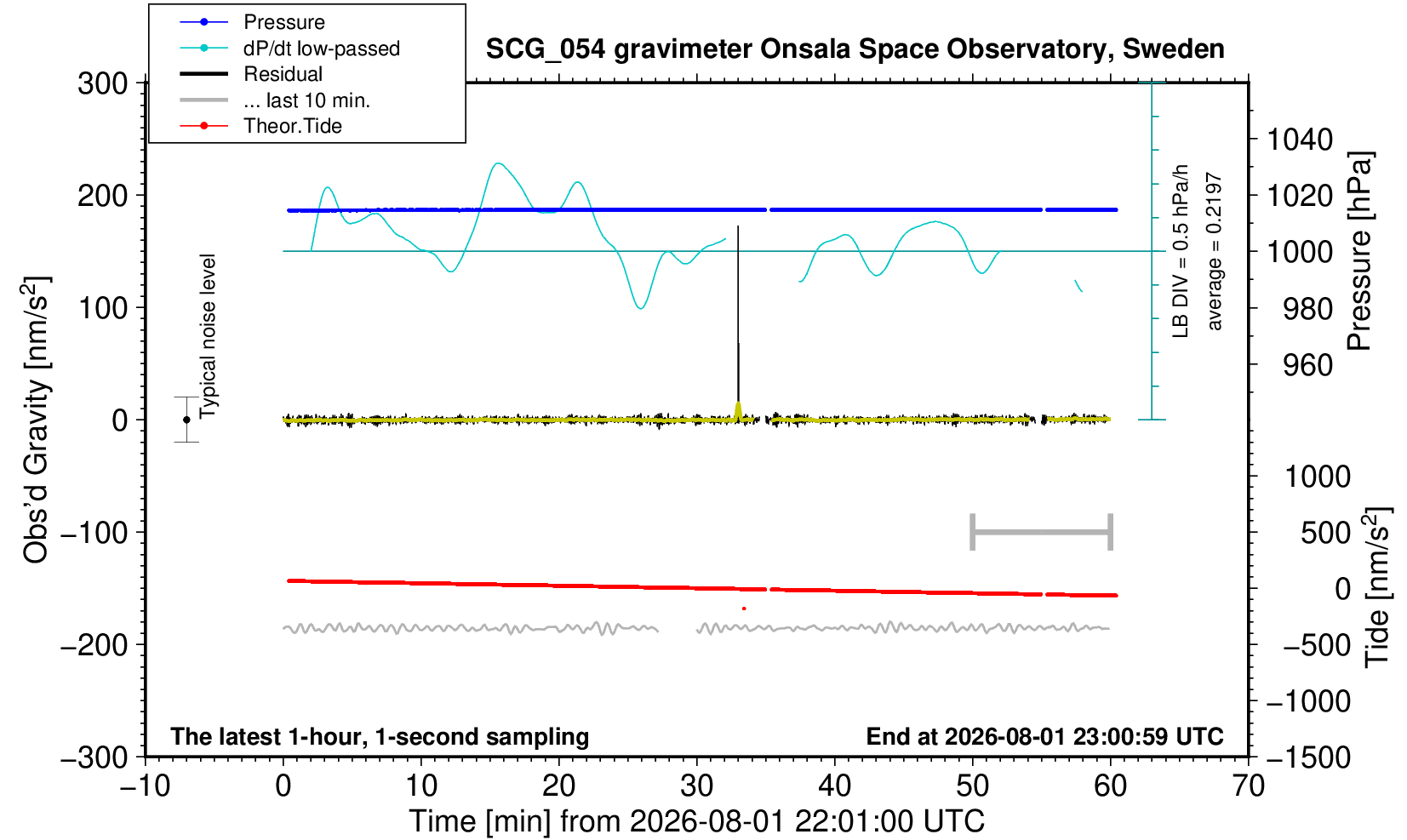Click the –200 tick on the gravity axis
(x=94, y=645)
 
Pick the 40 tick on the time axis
(x=835, y=786)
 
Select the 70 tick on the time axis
(x=1248, y=786)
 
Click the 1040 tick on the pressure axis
(x=1299, y=140)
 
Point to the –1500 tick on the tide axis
(x=1307, y=757)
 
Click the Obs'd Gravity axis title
(x=36, y=420)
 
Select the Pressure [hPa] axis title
(x=1360, y=251)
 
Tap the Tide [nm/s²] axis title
(x=1377, y=587)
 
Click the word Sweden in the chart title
(x=1173, y=49)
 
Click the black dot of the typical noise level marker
(x=186, y=420)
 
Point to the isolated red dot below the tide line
(x=744, y=609)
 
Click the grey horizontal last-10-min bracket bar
(x=1042, y=532)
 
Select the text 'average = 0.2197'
(x=1215, y=251)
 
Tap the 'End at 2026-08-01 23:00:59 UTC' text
(x=1044, y=736)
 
